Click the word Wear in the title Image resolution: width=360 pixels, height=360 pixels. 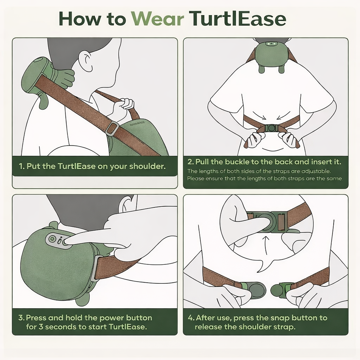[157, 19]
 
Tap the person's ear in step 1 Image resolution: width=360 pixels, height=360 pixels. [86, 60]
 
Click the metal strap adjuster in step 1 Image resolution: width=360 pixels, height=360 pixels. [112, 128]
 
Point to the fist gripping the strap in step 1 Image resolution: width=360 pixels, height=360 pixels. [123, 107]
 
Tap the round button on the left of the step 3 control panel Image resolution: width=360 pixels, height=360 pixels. [52, 239]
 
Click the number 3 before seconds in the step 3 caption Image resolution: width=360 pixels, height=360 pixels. [41, 327]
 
